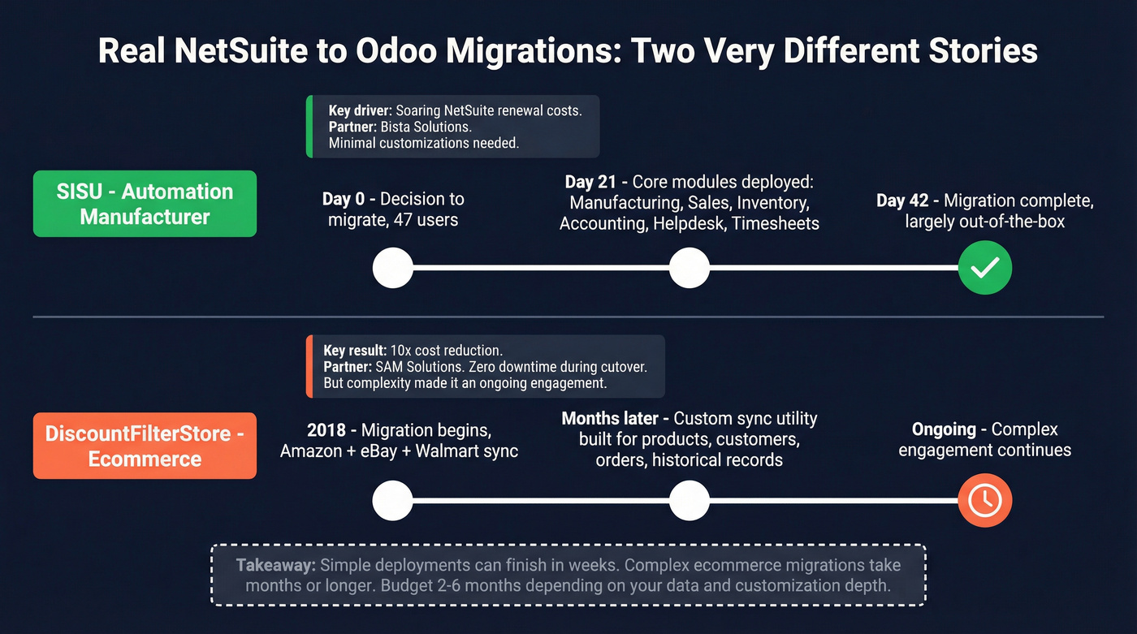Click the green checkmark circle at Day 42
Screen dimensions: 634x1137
tap(984, 268)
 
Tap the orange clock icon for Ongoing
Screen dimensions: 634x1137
tap(984, 501)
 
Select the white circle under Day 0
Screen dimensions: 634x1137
tap(392, 268)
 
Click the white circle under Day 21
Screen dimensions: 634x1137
tap(689, 268)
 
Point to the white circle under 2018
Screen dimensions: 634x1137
tap(392, 501)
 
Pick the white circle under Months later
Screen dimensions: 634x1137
tap(689, 501)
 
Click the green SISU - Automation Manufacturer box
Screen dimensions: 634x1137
tap(145, 204)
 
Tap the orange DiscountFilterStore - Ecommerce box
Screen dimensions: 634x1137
tap(145, 446)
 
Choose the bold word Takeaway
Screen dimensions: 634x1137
tap(276, 565)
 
